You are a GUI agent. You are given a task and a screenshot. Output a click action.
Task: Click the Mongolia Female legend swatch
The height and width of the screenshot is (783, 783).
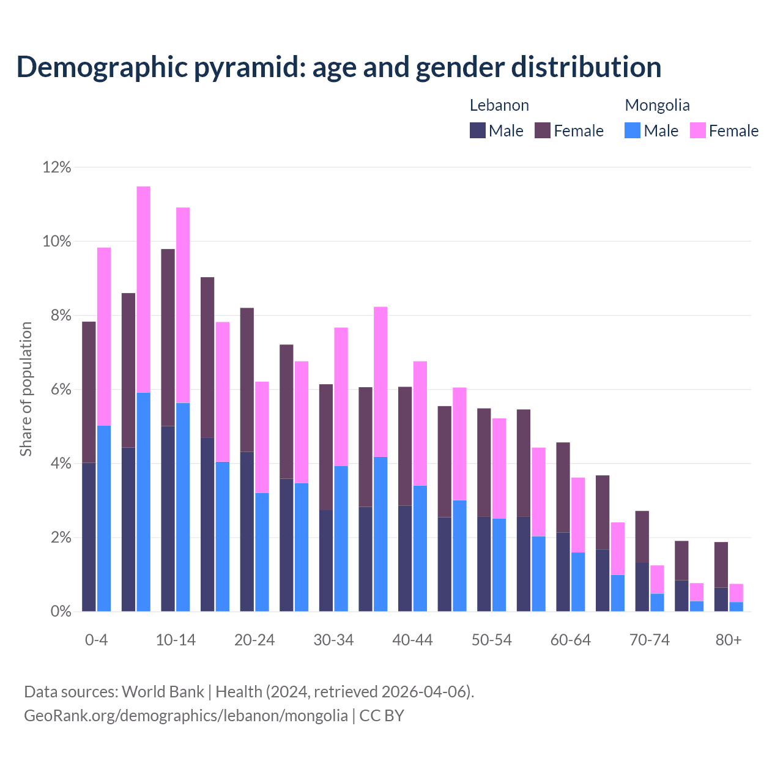698,130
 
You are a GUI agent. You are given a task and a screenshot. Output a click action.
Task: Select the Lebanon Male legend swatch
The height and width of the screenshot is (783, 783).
478,130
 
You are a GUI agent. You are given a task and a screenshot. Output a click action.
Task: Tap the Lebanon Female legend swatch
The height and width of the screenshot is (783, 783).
543,130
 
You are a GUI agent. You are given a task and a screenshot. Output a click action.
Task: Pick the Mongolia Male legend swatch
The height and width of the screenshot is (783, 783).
633,130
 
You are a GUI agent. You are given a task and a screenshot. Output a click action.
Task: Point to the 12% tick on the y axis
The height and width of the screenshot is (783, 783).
57,167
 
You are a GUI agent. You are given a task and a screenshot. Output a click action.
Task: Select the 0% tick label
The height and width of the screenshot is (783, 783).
60,612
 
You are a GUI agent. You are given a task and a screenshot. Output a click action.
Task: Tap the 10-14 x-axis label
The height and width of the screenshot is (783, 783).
176,640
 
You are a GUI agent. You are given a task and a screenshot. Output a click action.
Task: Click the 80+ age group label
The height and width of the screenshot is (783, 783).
729,640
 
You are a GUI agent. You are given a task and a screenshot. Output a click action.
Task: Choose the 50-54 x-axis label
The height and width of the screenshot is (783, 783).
492,640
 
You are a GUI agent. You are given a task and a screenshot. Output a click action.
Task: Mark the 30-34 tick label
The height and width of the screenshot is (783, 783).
333,640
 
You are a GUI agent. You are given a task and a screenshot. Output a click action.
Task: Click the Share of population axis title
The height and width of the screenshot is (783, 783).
26,389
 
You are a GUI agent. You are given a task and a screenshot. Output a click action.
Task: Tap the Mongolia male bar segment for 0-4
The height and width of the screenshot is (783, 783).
104,519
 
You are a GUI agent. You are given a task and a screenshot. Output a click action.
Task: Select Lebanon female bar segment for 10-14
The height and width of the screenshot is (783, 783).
168,338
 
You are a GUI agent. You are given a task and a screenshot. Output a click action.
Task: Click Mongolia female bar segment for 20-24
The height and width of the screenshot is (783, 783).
262,437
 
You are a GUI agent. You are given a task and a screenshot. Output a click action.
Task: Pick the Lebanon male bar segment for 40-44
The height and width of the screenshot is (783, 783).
405,558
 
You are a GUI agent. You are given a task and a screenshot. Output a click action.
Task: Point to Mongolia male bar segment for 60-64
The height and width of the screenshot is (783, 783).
578,582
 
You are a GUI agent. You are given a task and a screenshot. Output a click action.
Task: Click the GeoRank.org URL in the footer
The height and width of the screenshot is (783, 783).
186,715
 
